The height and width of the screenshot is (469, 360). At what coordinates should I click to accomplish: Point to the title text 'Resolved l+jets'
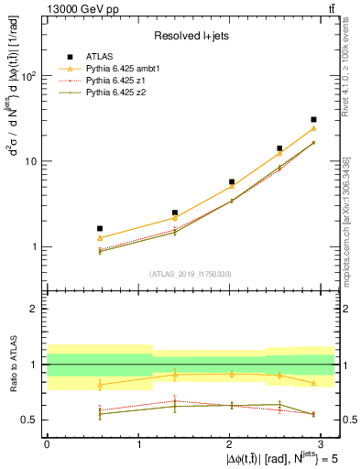tap(183, 35)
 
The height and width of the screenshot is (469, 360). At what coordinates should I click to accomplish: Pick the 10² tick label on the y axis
tap(28, 76)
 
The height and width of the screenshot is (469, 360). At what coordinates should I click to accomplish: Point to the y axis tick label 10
tap(30, 161)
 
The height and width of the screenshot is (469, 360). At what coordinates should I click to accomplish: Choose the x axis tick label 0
tap(46, 443)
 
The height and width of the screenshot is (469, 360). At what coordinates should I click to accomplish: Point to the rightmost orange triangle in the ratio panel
tap(313, 383)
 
